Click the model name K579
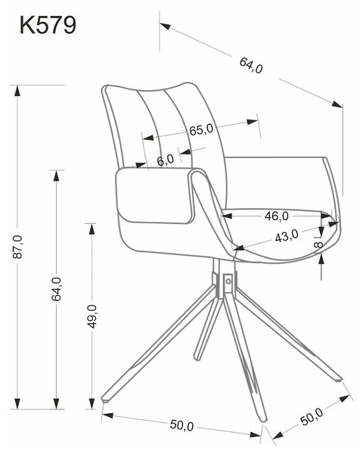pos(48,26)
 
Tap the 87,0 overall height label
pos(17,247)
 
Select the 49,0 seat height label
pos(92,316)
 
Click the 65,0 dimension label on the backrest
pos(201,129)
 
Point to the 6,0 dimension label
pos(166,160)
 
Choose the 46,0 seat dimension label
pos(276,216)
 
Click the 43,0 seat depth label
pos(287,236)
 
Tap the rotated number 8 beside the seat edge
pos(318,245)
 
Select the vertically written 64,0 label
pos(57,289)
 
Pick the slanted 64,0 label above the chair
pos(251,65)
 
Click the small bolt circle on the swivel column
pos(228,281)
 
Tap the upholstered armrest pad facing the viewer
pos(155,195)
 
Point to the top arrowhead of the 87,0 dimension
pos(17,91)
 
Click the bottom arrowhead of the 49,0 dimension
pos(92,403)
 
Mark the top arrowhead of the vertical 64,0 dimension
pos(57,176)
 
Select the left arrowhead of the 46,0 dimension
pos(227,216)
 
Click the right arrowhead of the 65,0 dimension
pos(252,122)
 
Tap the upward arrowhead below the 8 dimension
pos(321,259)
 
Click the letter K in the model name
pos(26,26)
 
